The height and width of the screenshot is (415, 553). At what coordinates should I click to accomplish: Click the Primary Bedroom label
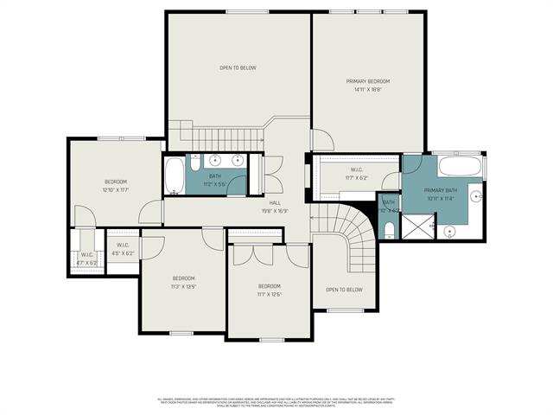pos(368,80)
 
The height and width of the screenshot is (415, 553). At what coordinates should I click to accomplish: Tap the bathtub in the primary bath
pos(461,167)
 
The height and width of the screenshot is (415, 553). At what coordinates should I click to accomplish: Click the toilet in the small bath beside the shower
pos(389,229)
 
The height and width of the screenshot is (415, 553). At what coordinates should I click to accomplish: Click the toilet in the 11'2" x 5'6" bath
pos(196,162)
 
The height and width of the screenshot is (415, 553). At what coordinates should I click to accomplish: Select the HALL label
pos(275,202)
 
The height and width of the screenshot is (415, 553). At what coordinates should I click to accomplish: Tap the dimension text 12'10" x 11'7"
pos(116,189)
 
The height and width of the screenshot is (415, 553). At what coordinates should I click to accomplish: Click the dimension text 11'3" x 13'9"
pos(182,286)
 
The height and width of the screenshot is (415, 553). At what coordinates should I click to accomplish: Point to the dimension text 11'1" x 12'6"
pos(269,294)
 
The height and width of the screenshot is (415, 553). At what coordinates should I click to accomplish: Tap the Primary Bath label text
pos(441,190)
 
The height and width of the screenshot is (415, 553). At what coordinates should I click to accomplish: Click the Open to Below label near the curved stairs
pos(344,290)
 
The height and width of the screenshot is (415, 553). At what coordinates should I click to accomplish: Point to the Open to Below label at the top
pos(238,67)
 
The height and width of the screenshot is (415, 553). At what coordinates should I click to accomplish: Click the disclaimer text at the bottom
pos(276,402)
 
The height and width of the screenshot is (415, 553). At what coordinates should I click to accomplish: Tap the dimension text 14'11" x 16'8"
pos(368,89)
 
